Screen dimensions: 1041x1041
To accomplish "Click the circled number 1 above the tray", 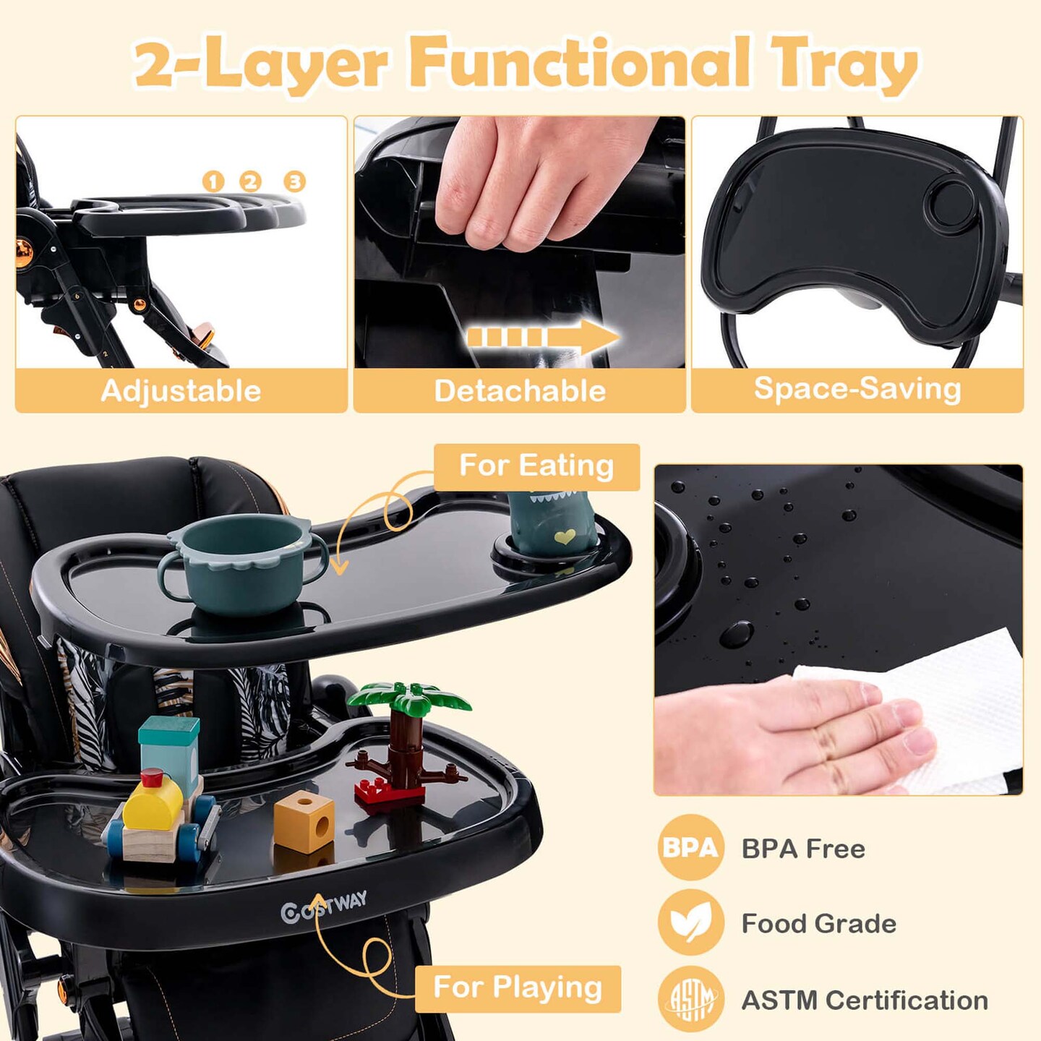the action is (x=213, y=181).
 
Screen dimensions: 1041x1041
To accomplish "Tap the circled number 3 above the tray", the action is (x=294, y=181).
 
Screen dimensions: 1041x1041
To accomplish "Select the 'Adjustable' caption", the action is (x=181, y=390).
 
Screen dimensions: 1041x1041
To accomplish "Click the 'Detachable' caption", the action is (x=520, y=390).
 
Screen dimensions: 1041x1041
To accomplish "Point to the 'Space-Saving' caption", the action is (x=857, y=388).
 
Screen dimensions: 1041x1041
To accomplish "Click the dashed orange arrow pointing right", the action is (x=543, y=337).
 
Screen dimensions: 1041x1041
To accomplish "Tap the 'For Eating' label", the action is (x=536, y=466).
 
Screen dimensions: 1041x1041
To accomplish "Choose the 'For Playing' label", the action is (x=518, y=987).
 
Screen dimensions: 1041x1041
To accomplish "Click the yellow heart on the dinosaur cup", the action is (x=565, y=536).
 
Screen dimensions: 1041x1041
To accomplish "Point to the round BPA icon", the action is (x=690, y=847).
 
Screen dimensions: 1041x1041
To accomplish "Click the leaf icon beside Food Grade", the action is (x=690, y=922).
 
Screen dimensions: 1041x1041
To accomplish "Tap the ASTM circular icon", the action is (x=690, y=999).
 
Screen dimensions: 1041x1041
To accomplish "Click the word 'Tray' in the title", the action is (x=844, y=65).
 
